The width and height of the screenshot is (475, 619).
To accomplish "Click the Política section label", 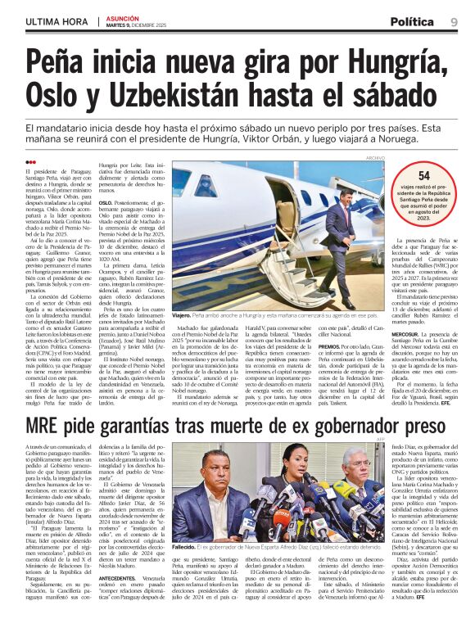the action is click(412, 20).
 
